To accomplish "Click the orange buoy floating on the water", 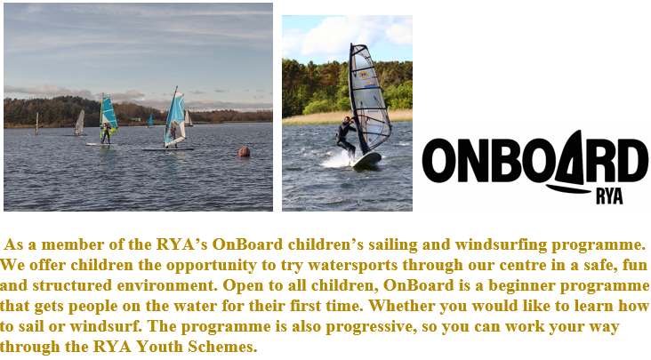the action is (x=244, y=152).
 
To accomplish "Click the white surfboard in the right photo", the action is (x=367, y=160).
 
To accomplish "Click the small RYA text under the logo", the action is (x=609, y=196).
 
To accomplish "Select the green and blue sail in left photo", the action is (x=108, y=115).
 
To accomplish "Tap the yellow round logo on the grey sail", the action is (x=364, y=75).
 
